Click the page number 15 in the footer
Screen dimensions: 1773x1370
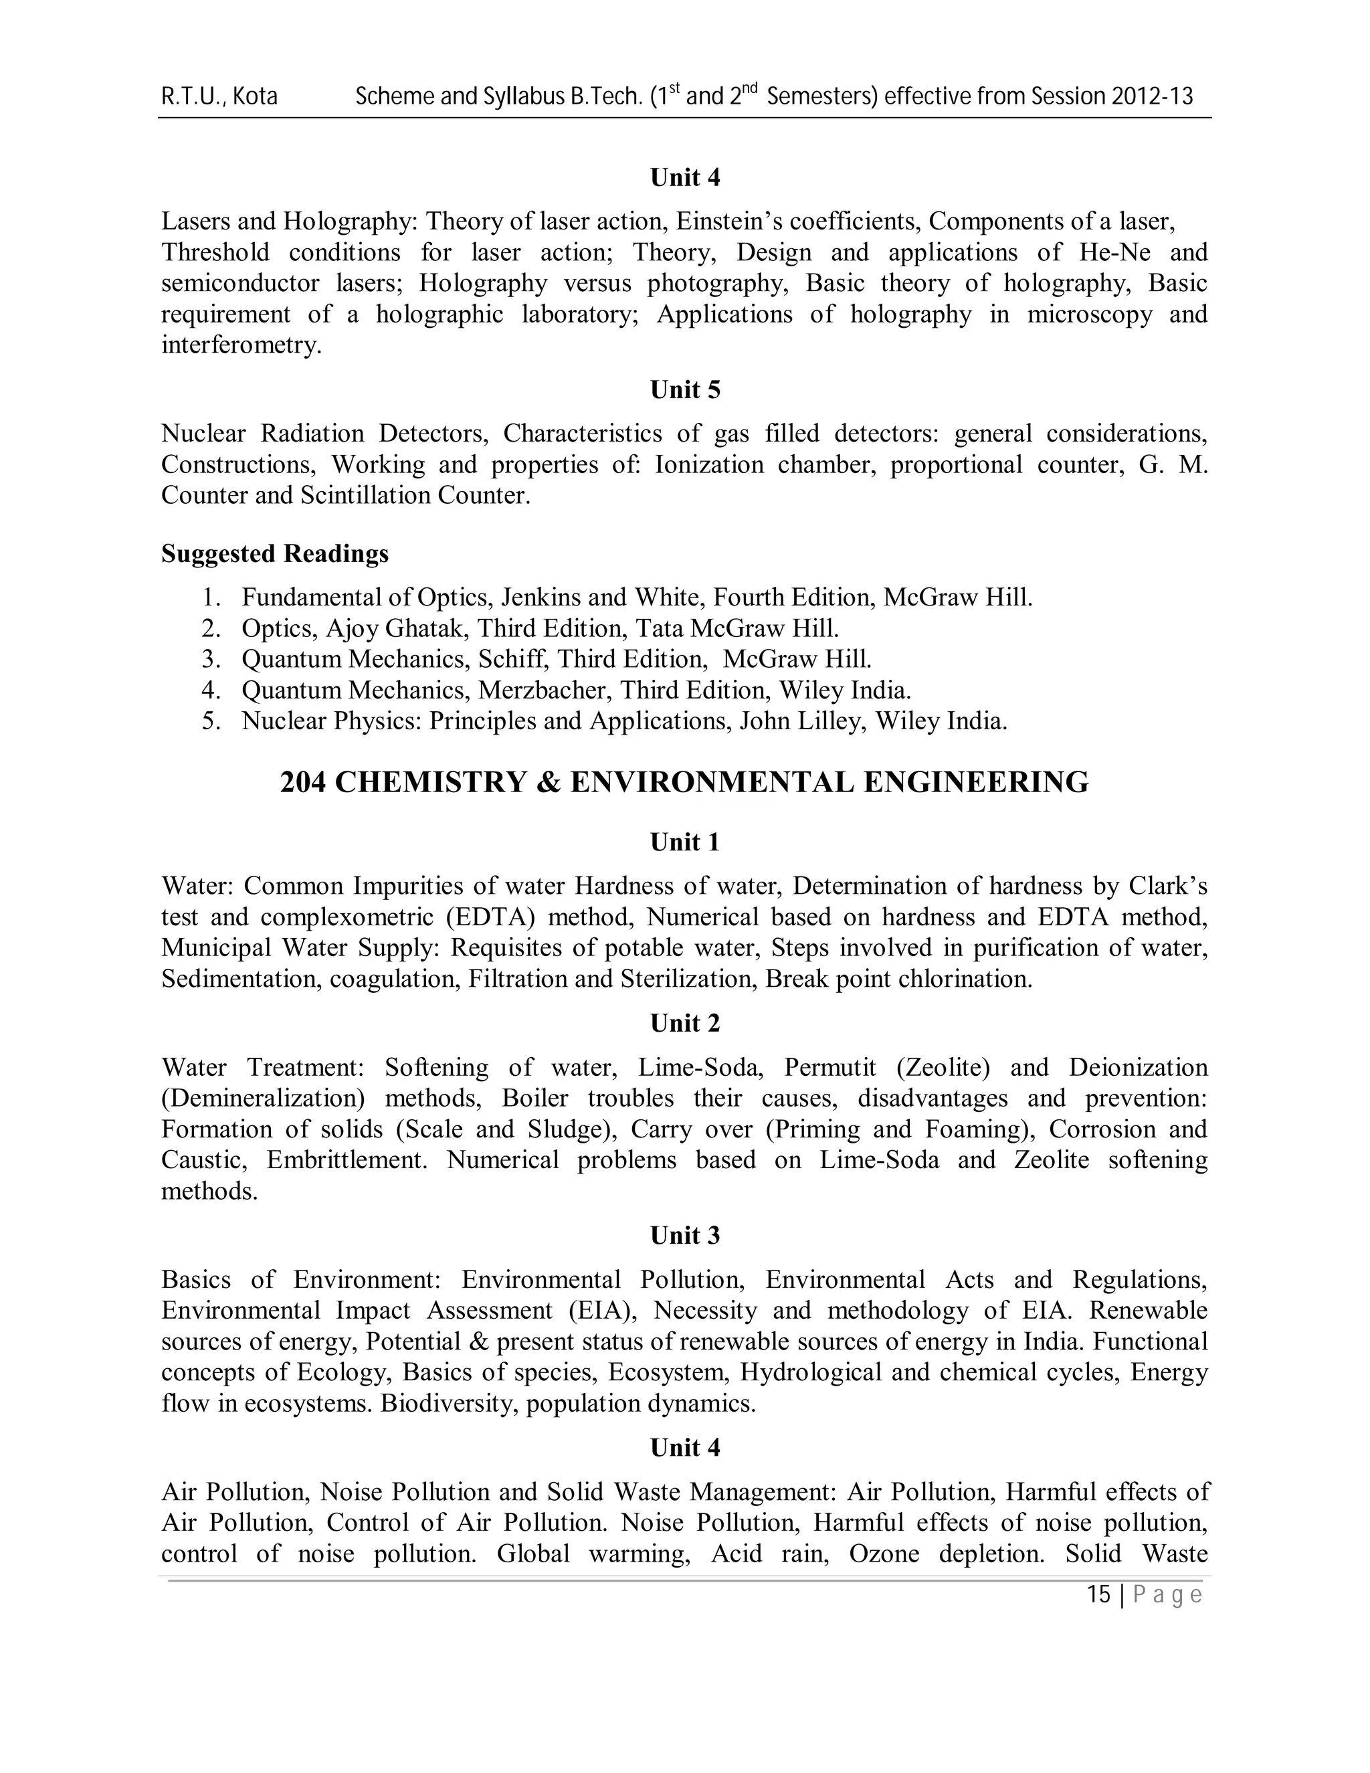pyautogui.click(x=1098, y=1595)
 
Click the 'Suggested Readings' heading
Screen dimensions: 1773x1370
pyautogui.click(x=274, y=554)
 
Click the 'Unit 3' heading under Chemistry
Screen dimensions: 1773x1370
pyautogui.click(x=685, y=1236)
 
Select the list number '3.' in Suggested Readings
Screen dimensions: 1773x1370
pyautogui.click(x=211, y=659)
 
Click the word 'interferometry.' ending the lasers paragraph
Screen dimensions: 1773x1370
pyautogui.click(x=241, y=345)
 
